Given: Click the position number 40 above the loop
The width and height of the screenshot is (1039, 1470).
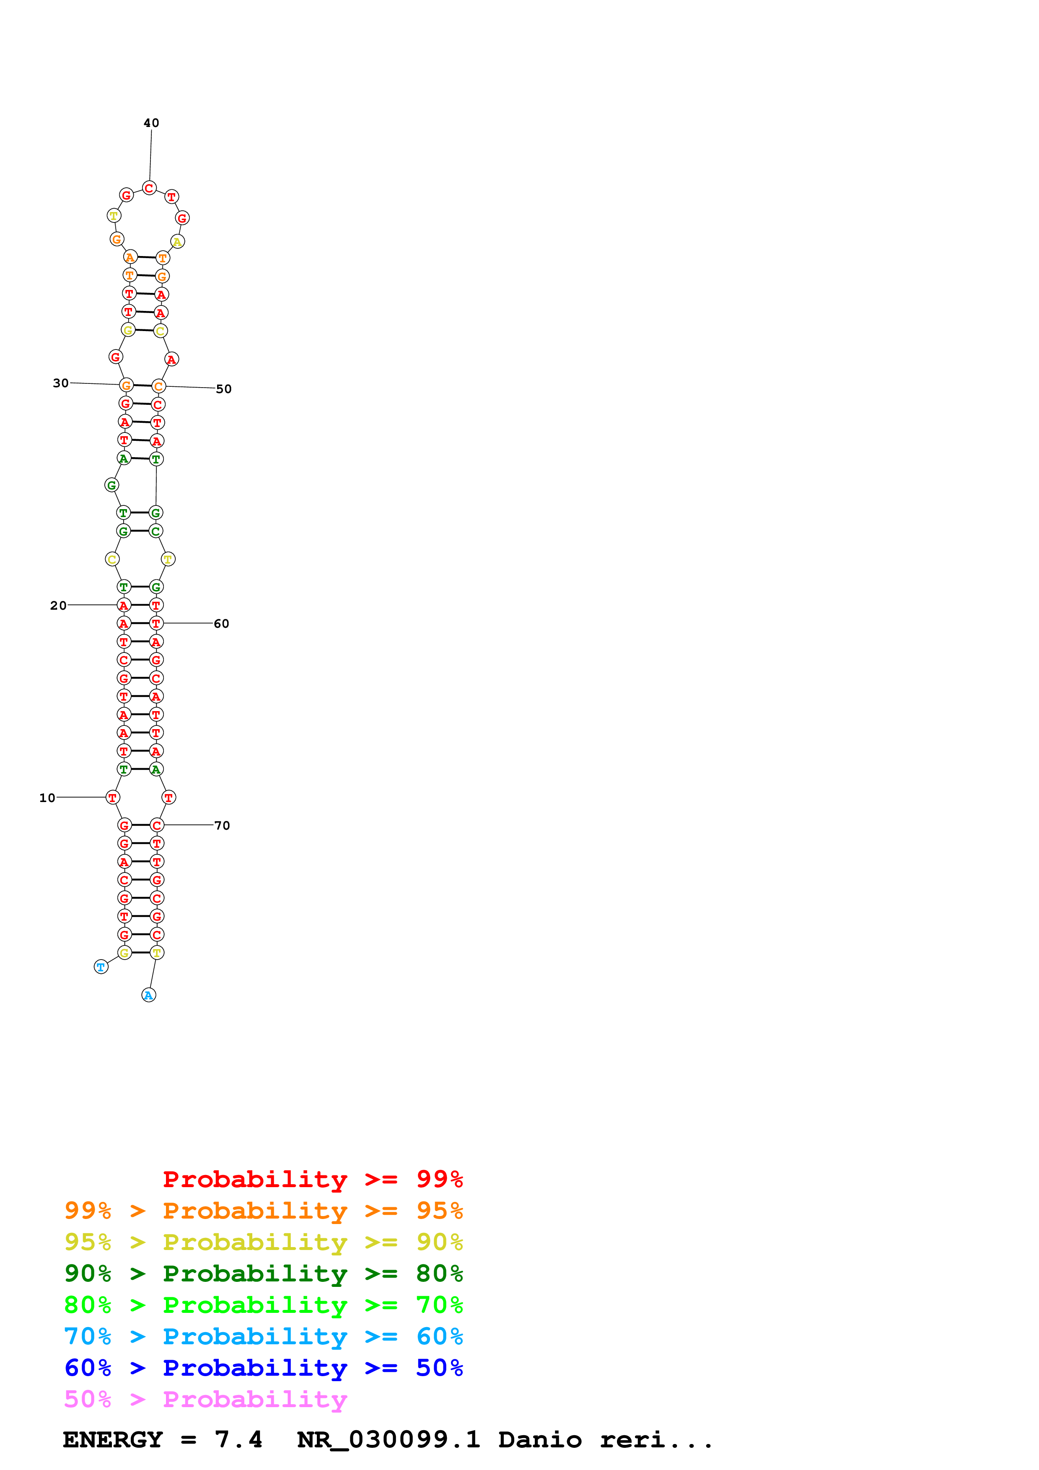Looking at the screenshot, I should click(151, 123).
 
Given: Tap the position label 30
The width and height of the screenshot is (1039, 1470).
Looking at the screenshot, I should click(61, 383).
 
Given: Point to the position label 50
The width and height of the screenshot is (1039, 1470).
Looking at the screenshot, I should click(223, 388).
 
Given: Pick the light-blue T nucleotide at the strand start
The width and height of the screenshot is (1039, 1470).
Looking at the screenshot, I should click(101, 967).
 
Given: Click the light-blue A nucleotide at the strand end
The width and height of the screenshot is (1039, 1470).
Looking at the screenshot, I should click(148, 995).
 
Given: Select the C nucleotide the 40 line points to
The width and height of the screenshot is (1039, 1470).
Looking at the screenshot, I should click(149, 188).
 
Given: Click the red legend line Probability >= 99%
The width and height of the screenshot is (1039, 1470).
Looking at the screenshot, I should click(312, 1179).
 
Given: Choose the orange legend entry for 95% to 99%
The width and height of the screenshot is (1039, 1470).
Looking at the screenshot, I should click(263, 1210).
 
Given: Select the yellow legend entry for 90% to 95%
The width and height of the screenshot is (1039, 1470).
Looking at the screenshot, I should click(263, 1242).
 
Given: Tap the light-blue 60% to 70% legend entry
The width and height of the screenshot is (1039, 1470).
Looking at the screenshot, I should click(263, 1336).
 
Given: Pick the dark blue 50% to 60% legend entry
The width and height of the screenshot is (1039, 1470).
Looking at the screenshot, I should click(263, 1368).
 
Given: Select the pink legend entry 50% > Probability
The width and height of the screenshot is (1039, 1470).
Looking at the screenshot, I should click(205, 1399).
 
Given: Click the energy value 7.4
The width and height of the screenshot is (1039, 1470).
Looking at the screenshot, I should click(238, 1439).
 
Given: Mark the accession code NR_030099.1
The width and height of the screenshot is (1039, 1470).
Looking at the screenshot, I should click(389, 1439).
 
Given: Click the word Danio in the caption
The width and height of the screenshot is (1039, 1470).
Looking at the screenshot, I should click(540, 1439).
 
